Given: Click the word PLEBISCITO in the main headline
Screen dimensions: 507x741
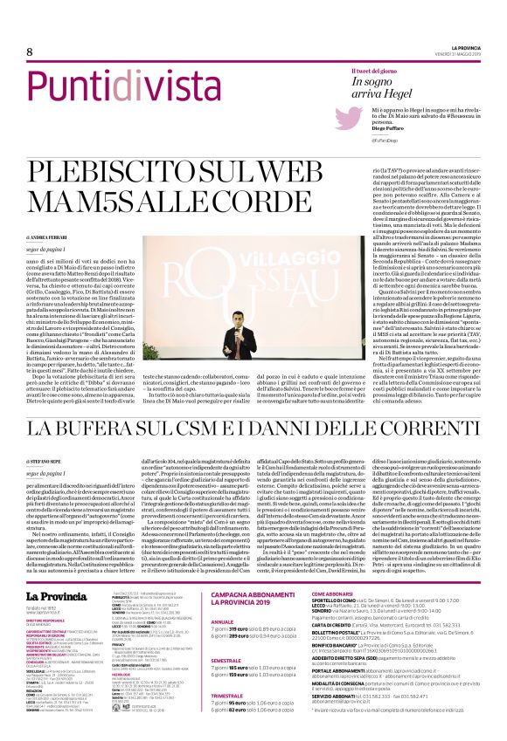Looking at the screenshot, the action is (122, 171).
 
